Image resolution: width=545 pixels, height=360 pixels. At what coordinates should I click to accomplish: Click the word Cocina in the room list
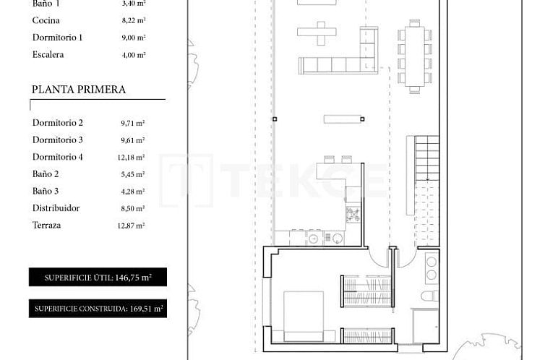coord(46,20)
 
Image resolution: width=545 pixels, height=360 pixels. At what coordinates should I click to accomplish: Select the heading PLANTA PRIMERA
coord(79,90)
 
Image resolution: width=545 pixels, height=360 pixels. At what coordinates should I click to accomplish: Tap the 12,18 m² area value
coord(133,157)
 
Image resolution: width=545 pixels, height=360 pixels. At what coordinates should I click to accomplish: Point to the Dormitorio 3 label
coord(58,140)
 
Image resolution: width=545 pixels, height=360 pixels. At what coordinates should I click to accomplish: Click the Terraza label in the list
coord(46,225)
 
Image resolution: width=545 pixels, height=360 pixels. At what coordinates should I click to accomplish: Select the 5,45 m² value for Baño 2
coord(133,174)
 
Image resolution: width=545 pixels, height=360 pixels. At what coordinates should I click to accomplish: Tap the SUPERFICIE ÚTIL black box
coord(97,277)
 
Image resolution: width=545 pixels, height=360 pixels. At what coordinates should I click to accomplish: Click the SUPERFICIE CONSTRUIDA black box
coord(97,309)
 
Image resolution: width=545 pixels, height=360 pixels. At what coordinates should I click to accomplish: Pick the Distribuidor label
coord(56,208)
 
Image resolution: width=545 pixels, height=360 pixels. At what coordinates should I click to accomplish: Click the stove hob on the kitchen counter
coord(353,214)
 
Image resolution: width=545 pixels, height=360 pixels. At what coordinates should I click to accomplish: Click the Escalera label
coord(48,54)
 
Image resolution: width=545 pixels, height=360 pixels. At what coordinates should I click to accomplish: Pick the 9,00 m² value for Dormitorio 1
coord(133,38)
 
